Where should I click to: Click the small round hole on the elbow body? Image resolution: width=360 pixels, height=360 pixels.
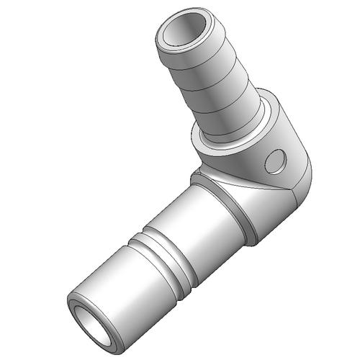click(x=274, y=162)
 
